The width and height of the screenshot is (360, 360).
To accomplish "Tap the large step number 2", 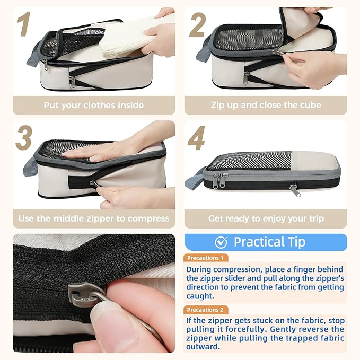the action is (197, 25).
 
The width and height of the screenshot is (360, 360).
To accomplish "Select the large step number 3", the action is (24, 137).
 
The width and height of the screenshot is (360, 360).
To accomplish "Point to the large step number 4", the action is (196, 138).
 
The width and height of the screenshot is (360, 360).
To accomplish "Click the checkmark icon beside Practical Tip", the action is (221, 242).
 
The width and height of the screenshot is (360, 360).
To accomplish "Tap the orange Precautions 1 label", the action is (206, 258).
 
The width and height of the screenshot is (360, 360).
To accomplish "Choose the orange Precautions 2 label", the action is (206, 310).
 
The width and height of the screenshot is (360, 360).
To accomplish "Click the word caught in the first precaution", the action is (200, 296).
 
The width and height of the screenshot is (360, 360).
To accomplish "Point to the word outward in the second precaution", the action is (203, 346).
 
